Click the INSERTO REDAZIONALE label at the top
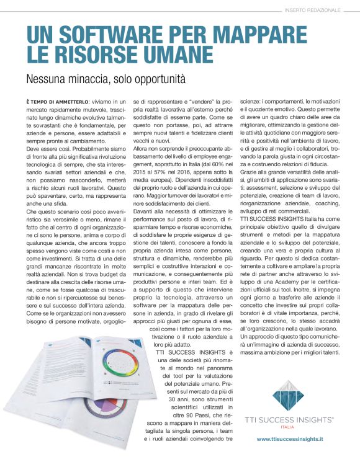(x=313, y=9)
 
